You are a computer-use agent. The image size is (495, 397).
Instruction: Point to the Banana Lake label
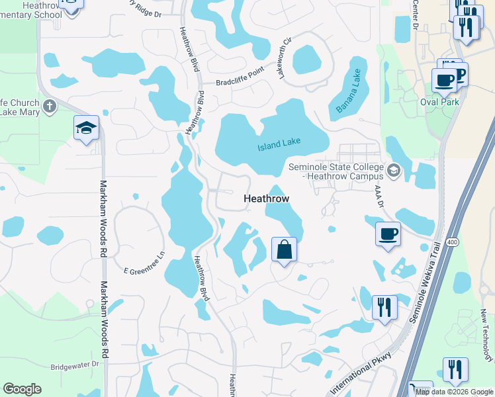point(349,91)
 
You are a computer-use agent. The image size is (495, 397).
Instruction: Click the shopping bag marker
point(283,250)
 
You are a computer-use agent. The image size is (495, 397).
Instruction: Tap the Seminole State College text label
point(336,171)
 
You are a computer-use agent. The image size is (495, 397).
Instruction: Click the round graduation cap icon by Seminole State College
point(394,171)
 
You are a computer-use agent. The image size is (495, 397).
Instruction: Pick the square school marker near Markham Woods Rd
point(86,128)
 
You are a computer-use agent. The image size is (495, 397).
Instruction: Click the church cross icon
point(49,107)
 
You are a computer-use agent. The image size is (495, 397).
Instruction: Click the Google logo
point(22,389)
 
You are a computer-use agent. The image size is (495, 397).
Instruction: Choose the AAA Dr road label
point(379,197)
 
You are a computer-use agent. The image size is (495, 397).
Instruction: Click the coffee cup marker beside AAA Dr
point(388,233)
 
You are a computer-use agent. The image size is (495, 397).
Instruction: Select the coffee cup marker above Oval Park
point(443,80)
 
